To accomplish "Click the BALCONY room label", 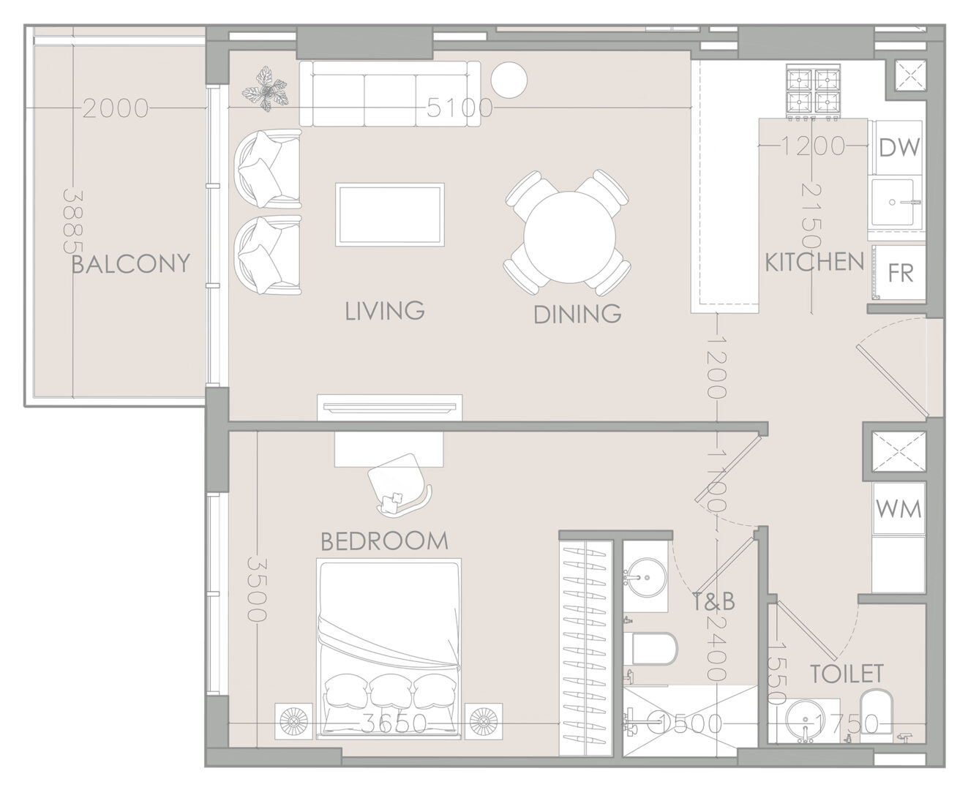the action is (131, 264).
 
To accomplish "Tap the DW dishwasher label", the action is (899, 147).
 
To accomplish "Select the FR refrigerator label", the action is (901, 273).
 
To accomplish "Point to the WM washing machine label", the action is (898, 509).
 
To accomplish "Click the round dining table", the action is (569, 237).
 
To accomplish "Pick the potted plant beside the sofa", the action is (265, 89).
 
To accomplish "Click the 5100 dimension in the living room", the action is (459, 108).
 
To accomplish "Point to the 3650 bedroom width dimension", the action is (394, 724).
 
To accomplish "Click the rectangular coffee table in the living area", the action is (390, 215).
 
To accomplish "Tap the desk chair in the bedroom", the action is (399, 484).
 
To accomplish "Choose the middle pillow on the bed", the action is (391, 691).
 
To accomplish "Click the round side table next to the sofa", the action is (509, 80).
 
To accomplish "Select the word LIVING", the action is (385, 311).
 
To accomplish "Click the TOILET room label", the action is (847, 674).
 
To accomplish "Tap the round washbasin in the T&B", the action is (645, 576).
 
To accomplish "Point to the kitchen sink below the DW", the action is (892, 202).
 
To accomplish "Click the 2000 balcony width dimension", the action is (116, 109).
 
